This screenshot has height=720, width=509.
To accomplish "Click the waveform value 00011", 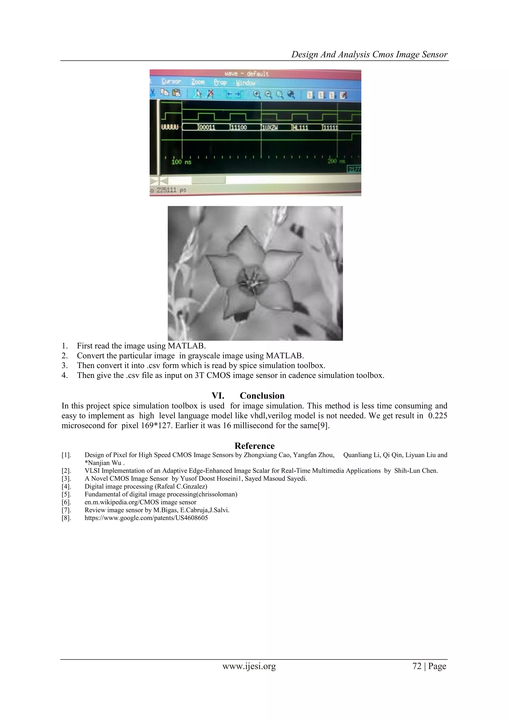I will (207, 128).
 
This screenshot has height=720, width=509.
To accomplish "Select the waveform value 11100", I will (239, 128).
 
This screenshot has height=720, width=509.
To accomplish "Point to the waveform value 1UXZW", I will (270, 128).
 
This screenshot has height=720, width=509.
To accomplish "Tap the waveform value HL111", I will (300, 128).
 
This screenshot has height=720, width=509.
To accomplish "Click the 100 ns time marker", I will (181, 162).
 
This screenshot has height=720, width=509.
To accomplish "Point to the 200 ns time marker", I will (336, 161).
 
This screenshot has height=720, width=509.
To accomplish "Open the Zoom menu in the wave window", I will (198, 82).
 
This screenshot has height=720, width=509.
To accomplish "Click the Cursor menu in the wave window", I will (171, 82).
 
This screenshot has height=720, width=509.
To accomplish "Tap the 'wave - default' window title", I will (247, 74).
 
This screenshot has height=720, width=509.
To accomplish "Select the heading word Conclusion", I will (262, 396).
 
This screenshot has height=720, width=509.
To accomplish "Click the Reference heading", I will (254, 446).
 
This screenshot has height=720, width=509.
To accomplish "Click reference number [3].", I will (66, 479).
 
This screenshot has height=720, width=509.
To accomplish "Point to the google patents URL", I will (146, 518).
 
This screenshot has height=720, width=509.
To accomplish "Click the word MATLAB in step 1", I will (187, 346).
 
